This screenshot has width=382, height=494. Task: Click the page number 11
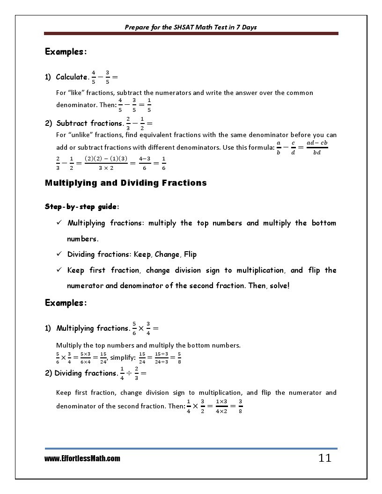click(324, 458)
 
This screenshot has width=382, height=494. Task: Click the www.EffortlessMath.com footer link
click(82, 458)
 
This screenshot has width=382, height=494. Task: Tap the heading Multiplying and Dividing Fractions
click(125, 183)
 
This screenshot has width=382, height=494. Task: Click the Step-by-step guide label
click(74, 206)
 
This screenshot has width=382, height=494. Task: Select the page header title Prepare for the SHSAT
click(191, 27)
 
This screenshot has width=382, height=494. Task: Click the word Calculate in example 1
click(72, 77)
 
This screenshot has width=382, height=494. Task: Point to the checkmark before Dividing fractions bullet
click(59, 254)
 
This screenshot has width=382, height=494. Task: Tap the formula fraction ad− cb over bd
click(317, 147)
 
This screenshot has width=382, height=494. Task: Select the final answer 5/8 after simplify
click(179, 358)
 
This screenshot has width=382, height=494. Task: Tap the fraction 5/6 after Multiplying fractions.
click(134, 328)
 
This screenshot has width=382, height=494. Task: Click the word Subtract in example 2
click(71, 123)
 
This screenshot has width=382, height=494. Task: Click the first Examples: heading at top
click(66, 51)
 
